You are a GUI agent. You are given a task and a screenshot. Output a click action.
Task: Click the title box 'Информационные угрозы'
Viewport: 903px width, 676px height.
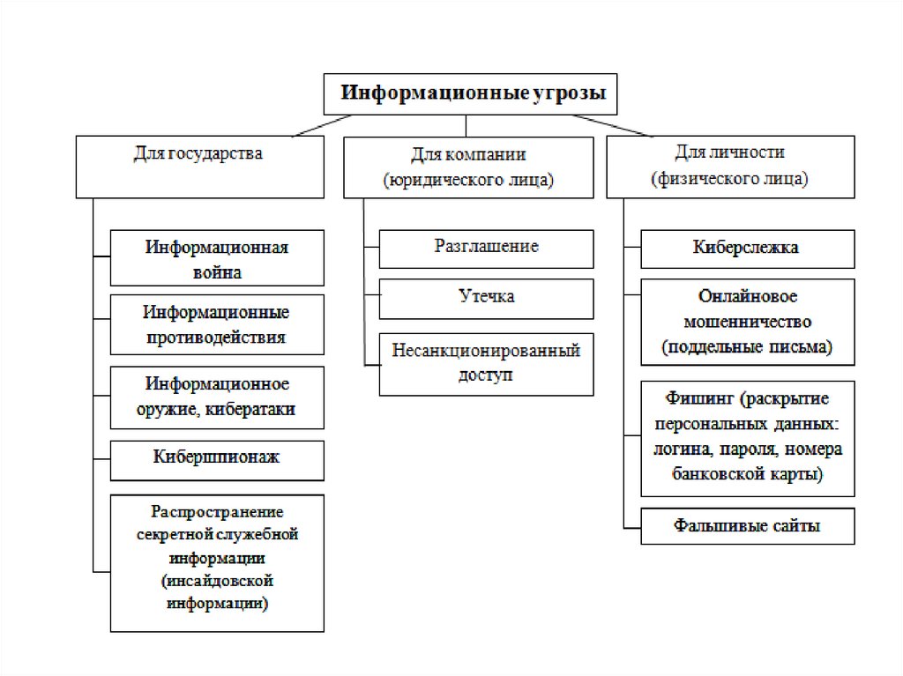click(470, 94)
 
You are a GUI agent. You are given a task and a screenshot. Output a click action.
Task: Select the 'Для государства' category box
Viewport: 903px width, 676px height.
click(198, 166)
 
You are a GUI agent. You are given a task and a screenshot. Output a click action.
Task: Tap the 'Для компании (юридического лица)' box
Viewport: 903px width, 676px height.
click(468, 167)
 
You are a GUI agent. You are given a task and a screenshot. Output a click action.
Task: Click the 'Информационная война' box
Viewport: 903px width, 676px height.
click(217, 258)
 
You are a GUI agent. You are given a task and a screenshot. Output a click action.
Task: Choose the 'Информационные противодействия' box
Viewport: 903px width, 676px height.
click(217, 324)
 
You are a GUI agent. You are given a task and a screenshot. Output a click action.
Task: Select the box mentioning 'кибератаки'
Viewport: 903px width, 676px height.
click(217, 397)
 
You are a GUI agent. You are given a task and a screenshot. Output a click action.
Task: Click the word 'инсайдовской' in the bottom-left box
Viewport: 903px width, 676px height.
click(217, 582)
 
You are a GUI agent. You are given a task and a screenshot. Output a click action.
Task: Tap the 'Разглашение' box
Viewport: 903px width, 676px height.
click(486, 248)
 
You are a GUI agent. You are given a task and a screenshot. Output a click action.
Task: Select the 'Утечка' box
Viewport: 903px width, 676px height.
click(486, 297)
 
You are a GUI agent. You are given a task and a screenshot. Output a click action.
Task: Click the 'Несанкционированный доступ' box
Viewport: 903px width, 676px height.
click(486, 362)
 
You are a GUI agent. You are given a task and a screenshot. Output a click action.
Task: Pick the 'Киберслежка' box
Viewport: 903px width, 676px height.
click(746, 248)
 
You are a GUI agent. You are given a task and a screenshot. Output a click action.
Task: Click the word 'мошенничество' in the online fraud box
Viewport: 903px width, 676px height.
click(747, 322)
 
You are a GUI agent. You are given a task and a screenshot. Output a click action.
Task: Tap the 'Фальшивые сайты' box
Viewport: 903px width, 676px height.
click(747, 526)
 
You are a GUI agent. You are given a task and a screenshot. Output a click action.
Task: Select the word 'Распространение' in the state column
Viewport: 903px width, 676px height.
click(216, 511)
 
